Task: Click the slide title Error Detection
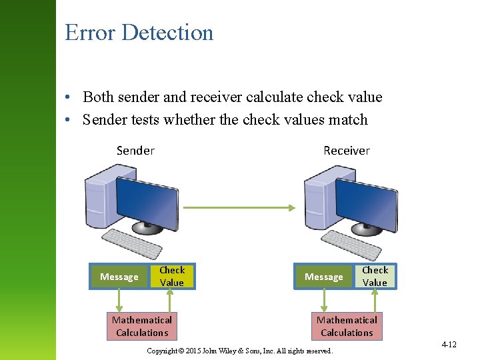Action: (x=139, y=33)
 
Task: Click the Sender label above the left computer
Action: (x=135, y=150)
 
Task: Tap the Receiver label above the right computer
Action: (x=346, y=150)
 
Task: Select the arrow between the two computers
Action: (x=239, y=207)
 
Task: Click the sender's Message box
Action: (x=119, y=277)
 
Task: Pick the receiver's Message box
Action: (x=323, y=277)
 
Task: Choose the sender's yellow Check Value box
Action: (x=172, y=276)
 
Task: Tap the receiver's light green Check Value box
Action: (x=375, y=276)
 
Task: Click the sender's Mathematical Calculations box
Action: (x=142, y=326)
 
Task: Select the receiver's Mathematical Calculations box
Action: (x=347, y=326)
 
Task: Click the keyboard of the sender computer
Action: (x=134, y=244)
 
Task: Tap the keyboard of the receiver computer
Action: (x=351, y=245)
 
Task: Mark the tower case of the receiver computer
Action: (x=319, y=199)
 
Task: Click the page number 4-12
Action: (x=449, y=345)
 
